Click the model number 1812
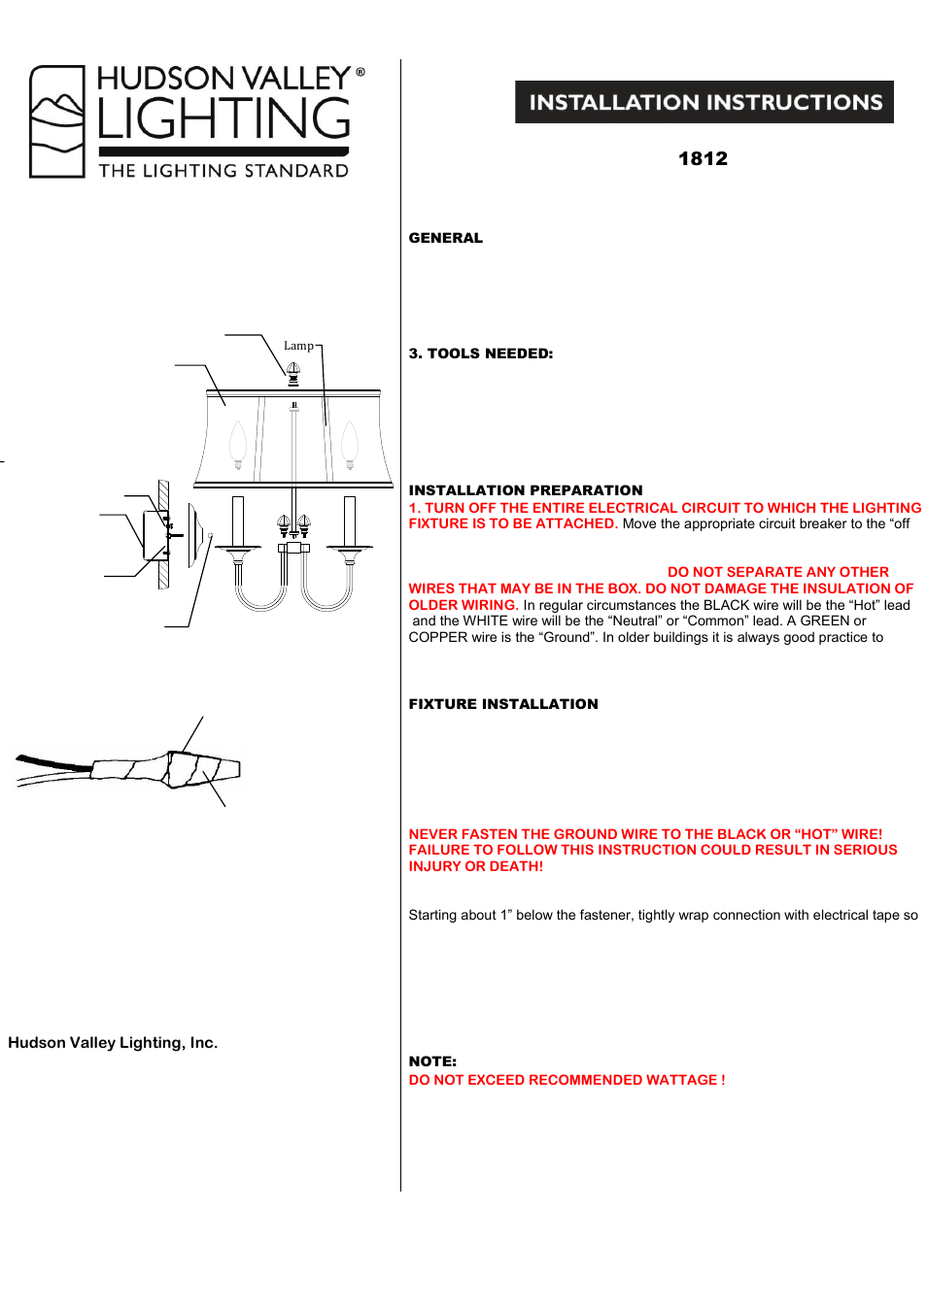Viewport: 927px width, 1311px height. coord(703,158)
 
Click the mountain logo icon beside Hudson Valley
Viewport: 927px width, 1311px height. coord(57,121)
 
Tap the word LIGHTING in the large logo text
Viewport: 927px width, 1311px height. coord(223,119)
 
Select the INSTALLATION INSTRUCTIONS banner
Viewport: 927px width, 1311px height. coord(704,102)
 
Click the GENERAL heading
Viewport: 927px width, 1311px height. coord(445,238)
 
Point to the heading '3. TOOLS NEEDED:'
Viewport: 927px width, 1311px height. coord(481,353)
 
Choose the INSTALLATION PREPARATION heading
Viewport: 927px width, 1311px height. coord(526,490)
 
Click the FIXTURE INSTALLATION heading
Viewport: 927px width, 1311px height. coord(503,704)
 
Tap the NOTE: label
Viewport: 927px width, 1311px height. coord(432,1061)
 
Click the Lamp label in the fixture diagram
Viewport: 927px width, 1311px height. coord(298,346)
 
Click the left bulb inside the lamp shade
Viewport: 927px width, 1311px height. coord(238,445)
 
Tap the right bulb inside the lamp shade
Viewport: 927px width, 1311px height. coord(350,445)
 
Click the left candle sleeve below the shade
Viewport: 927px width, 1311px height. coord(237,521)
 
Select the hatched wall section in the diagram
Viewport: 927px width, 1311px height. coord(163,534)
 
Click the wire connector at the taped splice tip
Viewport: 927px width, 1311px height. coord(225,769)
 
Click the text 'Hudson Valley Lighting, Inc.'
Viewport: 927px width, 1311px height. coord(113,1043)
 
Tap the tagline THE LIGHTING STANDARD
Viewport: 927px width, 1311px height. coord(223,171)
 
